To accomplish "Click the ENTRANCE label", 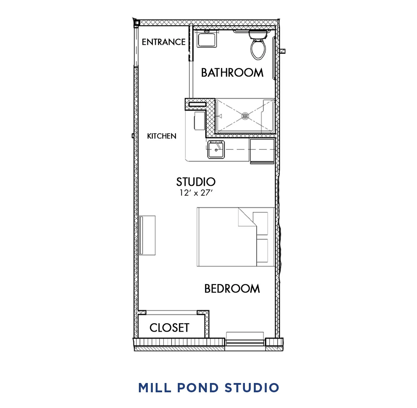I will [x=164, y=42].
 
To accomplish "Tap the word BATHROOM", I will [x=232, y=73].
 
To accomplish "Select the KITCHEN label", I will [x=162, y=136].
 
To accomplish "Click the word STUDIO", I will [x=196, y=182].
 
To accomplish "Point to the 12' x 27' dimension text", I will [x=196, y=193].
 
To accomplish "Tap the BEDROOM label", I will [x=232, y=289].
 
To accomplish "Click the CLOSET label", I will [x=169, y=328].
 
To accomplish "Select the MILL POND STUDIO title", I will [x=208, y=388].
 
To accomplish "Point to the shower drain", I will [x=245, y=116].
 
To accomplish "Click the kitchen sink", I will [x=216, y=150].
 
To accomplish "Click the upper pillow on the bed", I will [x=260, y=223].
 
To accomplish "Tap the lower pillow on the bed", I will [x=262, y=250].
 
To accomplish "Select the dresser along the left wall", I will [x=147, y=235].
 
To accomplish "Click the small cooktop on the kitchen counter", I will [x=199, y=121].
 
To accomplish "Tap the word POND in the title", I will [x=198, y=388].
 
